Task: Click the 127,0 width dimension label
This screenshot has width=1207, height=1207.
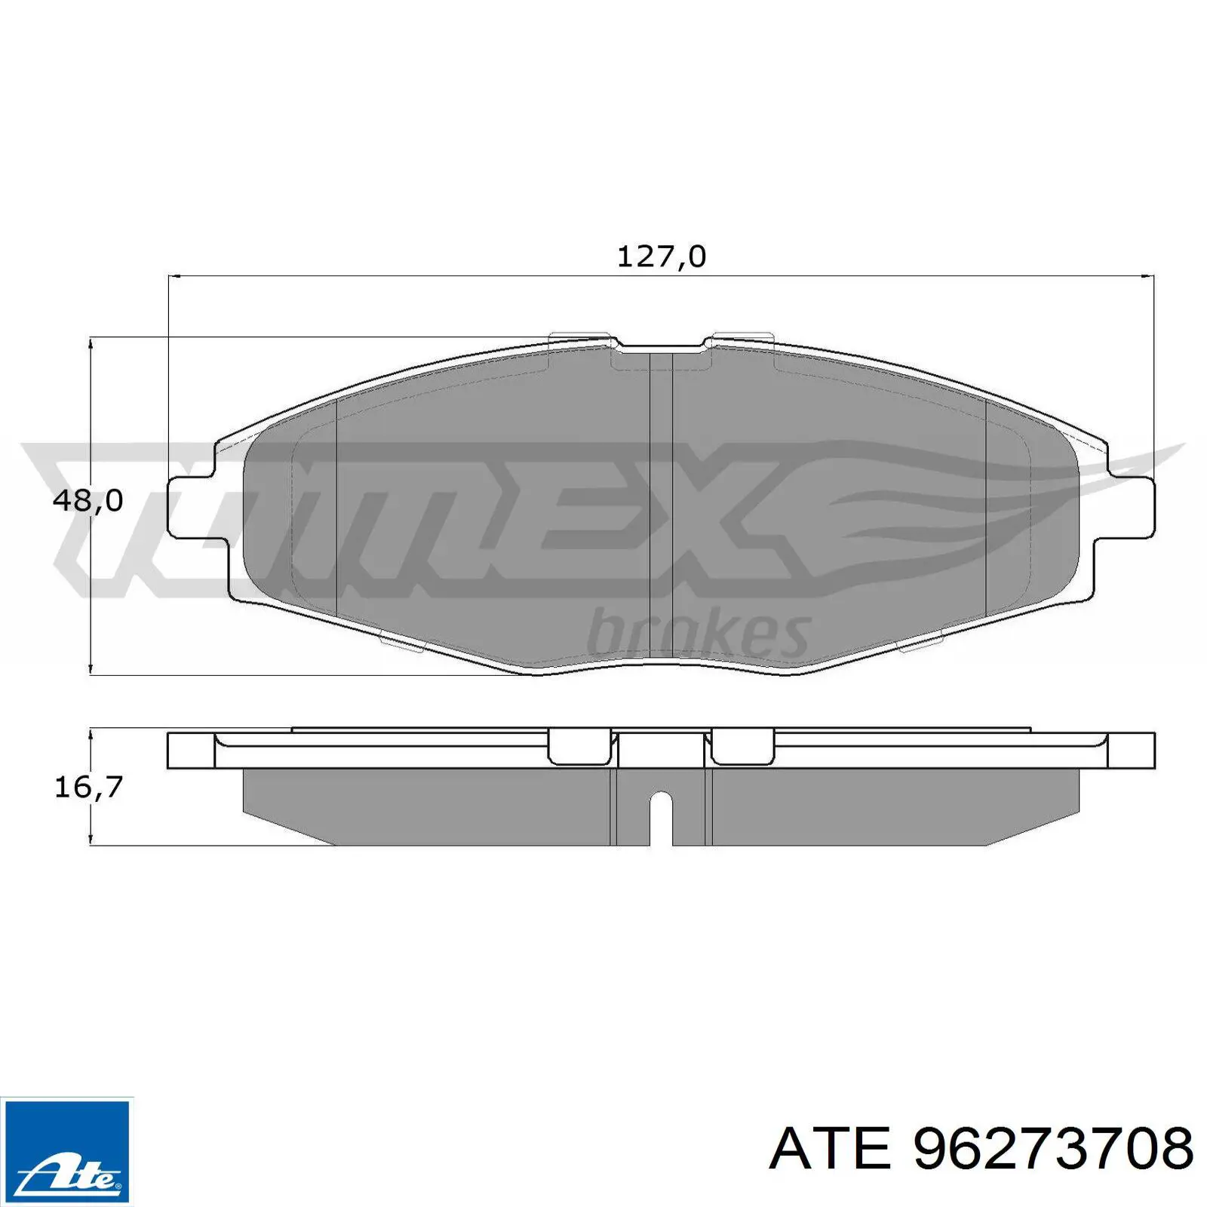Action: (x=662, y=257)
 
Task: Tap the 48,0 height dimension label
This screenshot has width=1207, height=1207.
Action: (x=88, y=500)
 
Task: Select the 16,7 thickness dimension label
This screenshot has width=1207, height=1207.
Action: (x=88, y=787)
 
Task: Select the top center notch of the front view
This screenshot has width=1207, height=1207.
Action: (x=661, y=349)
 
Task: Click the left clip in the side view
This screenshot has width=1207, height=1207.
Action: (x=578, y=747)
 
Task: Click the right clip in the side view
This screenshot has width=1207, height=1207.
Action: (x=742, y=747)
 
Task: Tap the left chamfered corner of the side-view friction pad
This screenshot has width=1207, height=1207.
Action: (x=287, y=830)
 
